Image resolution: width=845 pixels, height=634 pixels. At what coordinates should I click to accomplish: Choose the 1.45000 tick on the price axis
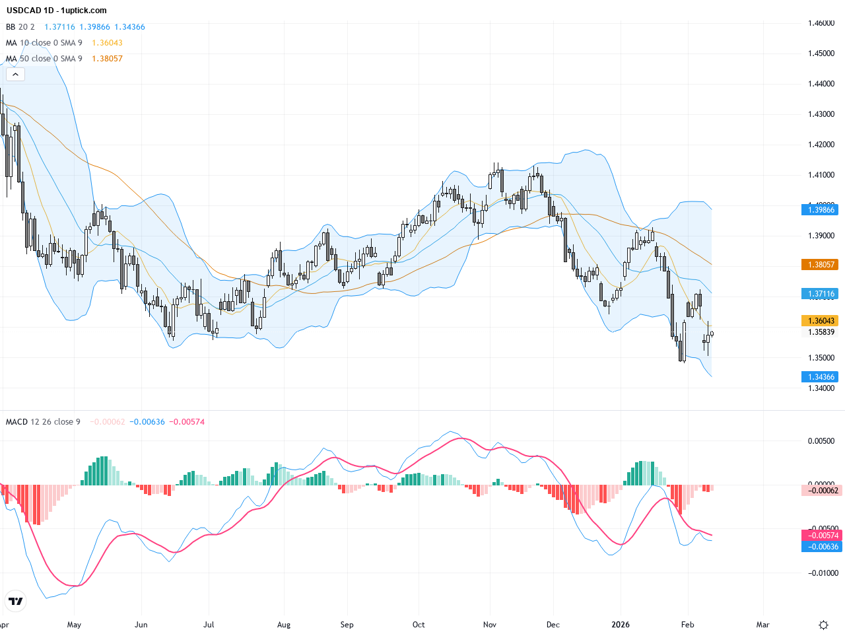[x=821, y=53]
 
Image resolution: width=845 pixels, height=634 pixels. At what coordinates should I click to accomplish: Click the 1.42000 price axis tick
[x=821, y=145]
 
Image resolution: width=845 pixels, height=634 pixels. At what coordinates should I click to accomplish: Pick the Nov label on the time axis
[x=489, y=625]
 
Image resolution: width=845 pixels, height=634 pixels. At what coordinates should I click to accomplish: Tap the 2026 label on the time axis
[x=621, y=625]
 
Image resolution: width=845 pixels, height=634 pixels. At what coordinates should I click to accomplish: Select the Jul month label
[x=209, y=625]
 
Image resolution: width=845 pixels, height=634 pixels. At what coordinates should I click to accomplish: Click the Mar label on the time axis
[x=762, y=625]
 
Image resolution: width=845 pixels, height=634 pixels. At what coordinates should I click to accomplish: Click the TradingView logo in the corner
[x=15, y=601]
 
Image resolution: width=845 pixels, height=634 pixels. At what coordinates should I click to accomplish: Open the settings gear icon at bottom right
[x=823, y=625]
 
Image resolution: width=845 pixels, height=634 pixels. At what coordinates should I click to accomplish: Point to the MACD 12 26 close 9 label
[x=43, y=422]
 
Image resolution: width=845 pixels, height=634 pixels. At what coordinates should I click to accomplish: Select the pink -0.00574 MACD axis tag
[x=822, y=536]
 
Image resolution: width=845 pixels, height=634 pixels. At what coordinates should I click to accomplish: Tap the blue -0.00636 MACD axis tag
[x=822, y=547]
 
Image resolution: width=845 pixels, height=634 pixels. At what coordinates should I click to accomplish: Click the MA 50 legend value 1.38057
[x=107, y=59]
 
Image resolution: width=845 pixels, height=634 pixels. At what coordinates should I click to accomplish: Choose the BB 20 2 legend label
[x=20, y=27]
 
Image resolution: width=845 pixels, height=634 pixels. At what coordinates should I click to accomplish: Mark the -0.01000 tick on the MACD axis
[x=821, y=573]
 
